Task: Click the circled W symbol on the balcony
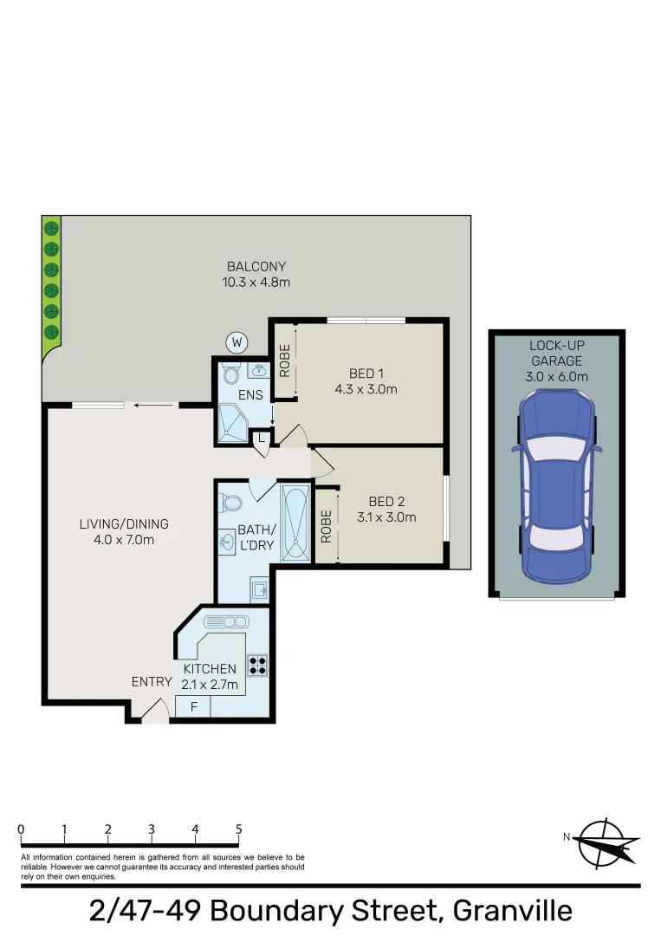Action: (x=236, y=343)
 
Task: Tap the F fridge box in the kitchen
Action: (x=194, y=707)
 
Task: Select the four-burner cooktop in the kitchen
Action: (x=257, y=666)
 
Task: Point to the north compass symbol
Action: (x=606, y=842)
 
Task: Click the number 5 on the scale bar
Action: (x=238, y=829)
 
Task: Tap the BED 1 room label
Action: (x=366, y=374)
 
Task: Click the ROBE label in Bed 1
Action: (x=284, y=362)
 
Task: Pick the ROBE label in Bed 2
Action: (x=327, y=526)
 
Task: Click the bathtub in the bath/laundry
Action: (x=294, y=523)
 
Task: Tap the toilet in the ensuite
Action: (x=230, y=374)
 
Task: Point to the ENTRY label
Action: (x=151, y=682)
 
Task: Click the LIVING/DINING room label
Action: (x=124, y=523)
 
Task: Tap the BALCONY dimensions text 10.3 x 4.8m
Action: (x=256, y=281)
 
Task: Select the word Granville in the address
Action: (x=513, y=911)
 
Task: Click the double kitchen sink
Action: (x=226, y=621)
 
